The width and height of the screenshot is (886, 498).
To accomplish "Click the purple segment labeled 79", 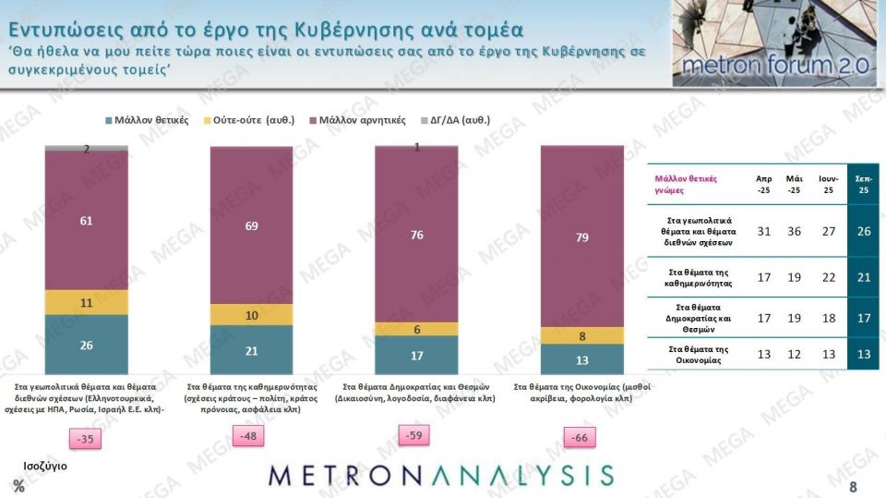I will click(582, 237).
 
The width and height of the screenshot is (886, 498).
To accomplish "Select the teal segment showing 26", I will click(87, 344).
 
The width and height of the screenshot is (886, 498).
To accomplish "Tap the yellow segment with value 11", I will click(87, 302).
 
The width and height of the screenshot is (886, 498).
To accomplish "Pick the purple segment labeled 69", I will click(251, 225).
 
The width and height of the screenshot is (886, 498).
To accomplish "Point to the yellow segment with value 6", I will click(416, 329).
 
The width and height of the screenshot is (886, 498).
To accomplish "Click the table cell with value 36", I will click(793, 231).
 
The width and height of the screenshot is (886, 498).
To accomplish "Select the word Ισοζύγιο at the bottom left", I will click(44, 465).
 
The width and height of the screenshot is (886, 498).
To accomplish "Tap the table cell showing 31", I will click(762, 231).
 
